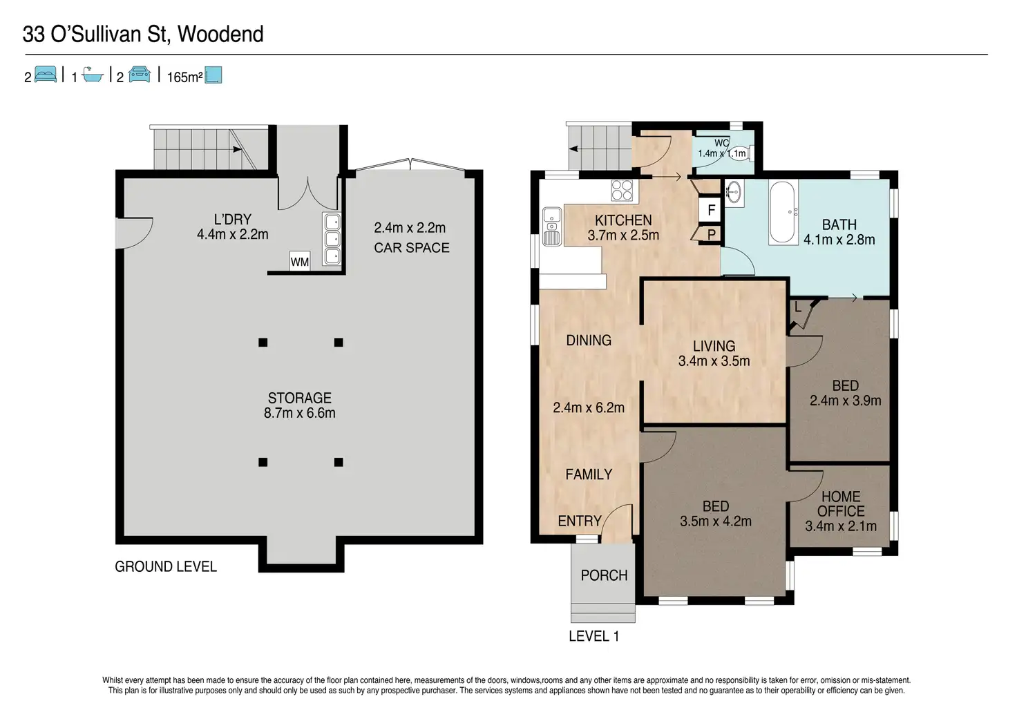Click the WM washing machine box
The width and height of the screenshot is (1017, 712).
click(x=300, y=261)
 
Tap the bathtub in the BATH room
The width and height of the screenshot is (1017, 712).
click(x=783, y=213)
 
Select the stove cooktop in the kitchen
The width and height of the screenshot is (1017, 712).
click(x=622, y=190)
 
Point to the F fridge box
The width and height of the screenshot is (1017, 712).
click(x=710, y=210)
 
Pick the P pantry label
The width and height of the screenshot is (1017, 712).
click(x=712, y=234)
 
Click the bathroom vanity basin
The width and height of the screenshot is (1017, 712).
click(x=734, y=193)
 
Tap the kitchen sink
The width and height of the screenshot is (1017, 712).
click(x=551, y=227)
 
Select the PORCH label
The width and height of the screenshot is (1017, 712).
click(x=604, y=575)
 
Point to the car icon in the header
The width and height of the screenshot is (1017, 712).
click(x=140, y=74)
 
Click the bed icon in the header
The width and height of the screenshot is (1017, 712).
click(x=46, y=74)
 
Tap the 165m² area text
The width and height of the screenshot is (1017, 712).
click(x=184, y=77)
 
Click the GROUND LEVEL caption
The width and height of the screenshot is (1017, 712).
click(x=166, y=566)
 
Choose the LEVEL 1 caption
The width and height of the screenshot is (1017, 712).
click(x=594, y=636)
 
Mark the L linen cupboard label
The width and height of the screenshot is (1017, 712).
click(x=798, y=308)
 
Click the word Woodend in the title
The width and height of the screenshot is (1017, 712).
click(x=220, y=34)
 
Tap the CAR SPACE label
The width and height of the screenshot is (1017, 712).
click(x=412, y=248)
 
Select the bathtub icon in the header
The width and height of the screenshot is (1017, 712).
click(x=93, y=75)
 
